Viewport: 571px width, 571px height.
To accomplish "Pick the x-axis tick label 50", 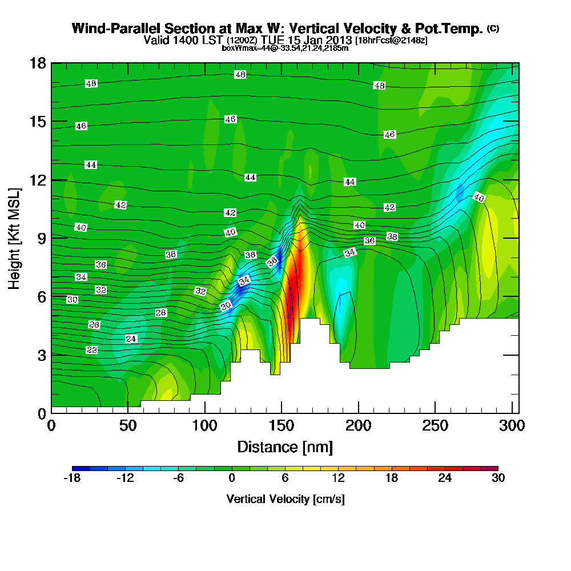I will coord(128,427).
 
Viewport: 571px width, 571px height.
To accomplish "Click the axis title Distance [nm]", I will coord(285,447).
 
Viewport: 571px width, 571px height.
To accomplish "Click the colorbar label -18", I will coord(72,478).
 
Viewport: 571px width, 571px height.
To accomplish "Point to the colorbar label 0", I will coord(232,478).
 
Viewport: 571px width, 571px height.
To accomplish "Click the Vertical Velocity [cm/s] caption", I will coord(285,499).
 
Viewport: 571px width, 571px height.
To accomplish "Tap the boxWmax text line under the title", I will coord(285,48).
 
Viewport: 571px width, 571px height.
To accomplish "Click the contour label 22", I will coord(92,349).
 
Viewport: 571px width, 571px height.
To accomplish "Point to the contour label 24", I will coord(131,339).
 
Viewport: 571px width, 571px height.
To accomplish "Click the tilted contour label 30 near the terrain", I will coord(226,306).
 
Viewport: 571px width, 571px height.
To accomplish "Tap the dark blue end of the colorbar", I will coord(77,468).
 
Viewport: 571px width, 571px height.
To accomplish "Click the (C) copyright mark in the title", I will coord(493,29).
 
